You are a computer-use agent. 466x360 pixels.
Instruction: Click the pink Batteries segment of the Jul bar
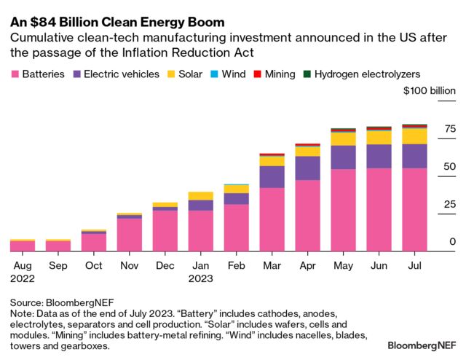414,210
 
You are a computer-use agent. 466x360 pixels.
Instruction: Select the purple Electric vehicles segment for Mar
272,176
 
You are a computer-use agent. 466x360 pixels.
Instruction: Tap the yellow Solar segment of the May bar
343,138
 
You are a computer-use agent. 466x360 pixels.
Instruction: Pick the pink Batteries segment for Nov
129,235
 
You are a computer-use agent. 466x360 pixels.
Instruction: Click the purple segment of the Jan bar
200,205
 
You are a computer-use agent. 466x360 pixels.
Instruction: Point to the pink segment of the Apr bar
307,216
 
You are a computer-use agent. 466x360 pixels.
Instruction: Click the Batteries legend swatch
15,74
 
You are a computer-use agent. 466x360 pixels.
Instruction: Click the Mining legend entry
275,74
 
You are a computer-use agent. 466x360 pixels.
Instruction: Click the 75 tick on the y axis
449,130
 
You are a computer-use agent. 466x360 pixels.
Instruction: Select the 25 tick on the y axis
449,205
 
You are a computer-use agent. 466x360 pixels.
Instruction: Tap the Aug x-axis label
22,266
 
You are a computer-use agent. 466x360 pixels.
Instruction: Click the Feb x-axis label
236,266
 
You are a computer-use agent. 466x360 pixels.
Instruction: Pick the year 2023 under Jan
201,278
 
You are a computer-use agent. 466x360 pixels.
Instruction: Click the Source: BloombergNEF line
62,302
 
